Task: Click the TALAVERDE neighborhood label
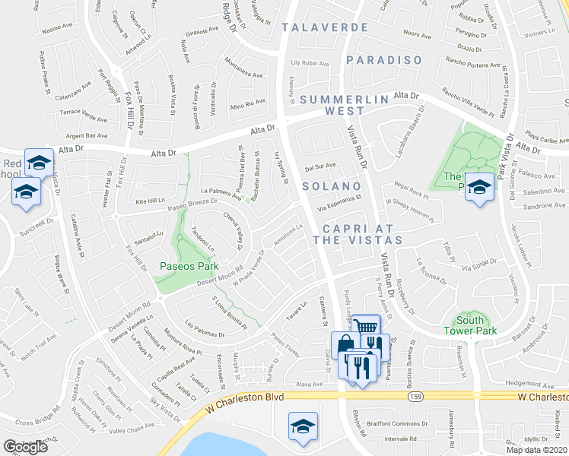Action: click(325, 27)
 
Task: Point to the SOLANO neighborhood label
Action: click(331, 186)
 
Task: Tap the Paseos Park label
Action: click(189, 266)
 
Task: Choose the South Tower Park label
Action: click(469, 325)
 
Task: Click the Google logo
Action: click(25, 447)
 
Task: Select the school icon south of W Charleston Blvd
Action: click(303, 426)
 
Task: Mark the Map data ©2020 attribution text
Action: click(537, 449)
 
